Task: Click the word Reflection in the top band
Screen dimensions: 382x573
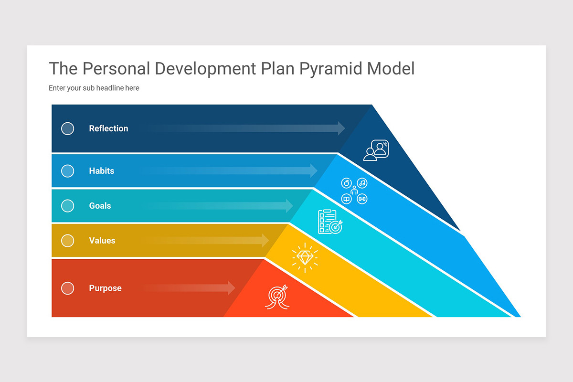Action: (x=108, y=128)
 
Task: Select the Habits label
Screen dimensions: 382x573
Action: (x=101, y=171)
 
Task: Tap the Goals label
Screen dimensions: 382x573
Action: (x=100, y=206)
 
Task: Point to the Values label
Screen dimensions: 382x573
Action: (x=102, y=241)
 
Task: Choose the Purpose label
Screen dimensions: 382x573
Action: (x=105, y=288)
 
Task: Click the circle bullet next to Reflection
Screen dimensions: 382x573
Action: (x=68, y=128)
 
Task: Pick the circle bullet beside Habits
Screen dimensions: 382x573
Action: (x=68, y=171)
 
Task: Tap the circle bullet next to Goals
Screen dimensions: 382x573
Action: (x=68, y=206)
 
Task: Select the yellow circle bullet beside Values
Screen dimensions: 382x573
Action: (x=68, y=241)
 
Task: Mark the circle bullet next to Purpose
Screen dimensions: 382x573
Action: (x=68, y=288)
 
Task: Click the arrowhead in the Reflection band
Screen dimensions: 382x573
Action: (x=341, y=128)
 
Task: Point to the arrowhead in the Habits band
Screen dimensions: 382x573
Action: (x=314, y=171)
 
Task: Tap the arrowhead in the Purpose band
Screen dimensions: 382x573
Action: (x=232, y=288)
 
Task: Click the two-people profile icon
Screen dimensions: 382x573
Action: (x=376, y=150)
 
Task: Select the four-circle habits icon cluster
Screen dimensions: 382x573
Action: (x=354, y=191)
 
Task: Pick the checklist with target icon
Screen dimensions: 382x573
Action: (x=330, y=222)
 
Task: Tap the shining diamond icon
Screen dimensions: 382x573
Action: (x=305, y=258)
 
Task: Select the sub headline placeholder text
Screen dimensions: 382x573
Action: (x=94, y=88)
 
